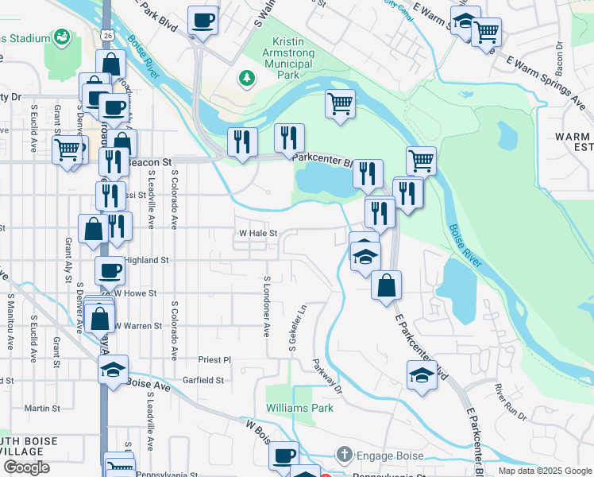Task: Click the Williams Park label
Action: coord(299,408)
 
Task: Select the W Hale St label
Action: coord(258,234)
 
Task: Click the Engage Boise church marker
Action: coord(343,456)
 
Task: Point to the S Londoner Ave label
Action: coord(268,306)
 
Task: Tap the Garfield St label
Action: coord(202,381)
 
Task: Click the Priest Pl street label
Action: coord(214,359)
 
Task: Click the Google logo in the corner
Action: coord(26,467)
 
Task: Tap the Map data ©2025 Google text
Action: coord(544,471)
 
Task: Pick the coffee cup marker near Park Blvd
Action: coord(203,20)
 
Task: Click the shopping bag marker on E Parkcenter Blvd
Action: coord(386,286)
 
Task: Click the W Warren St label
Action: coord(138,326)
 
